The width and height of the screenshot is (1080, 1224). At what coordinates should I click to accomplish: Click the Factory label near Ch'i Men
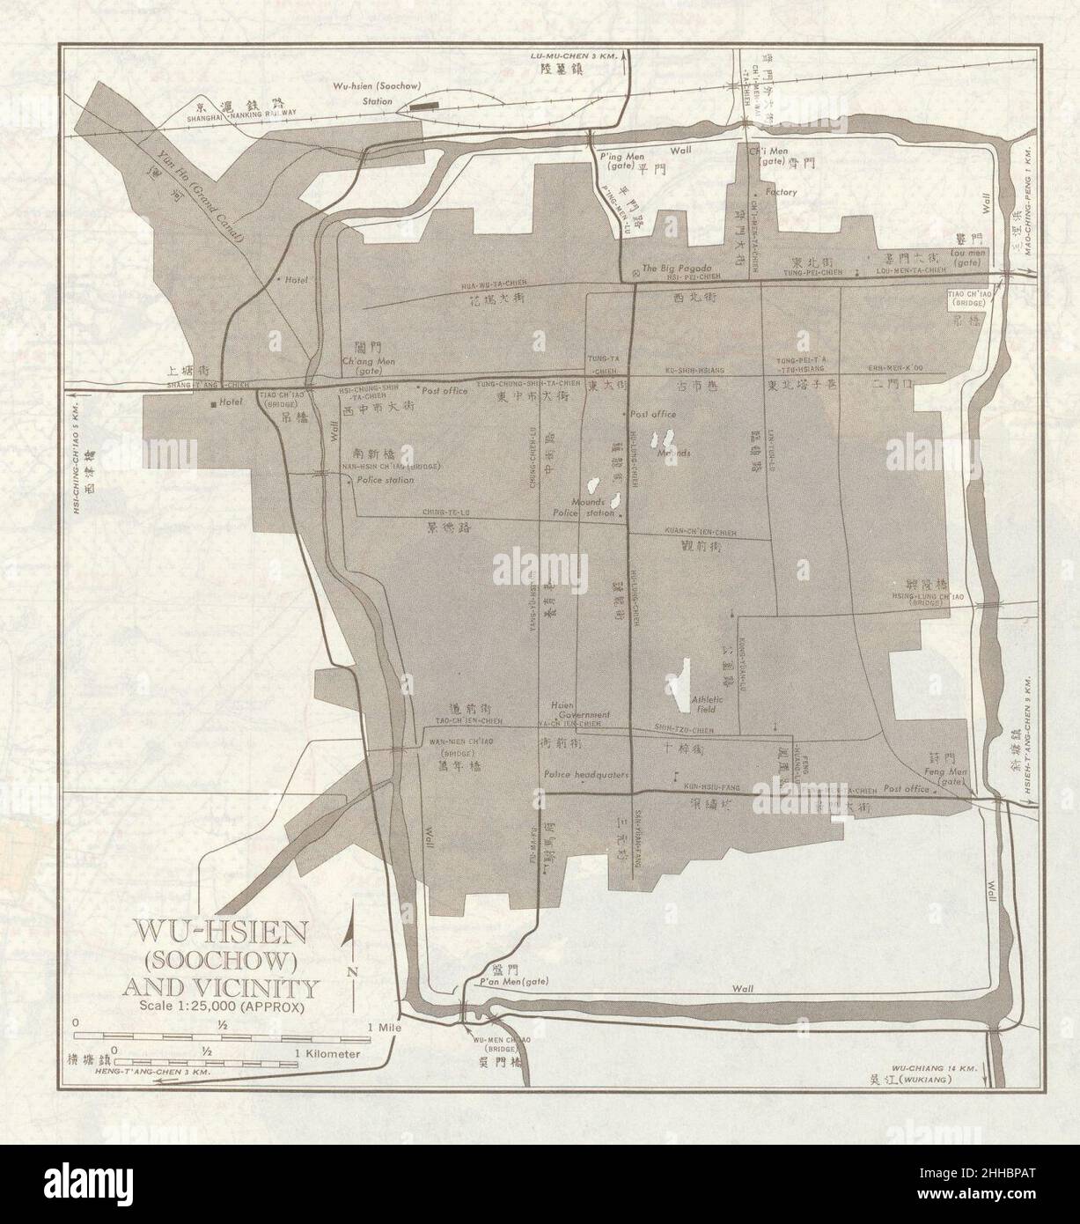tap(780, 192)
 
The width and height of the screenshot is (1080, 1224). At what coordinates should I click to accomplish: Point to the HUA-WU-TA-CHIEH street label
tap(494, 284)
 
